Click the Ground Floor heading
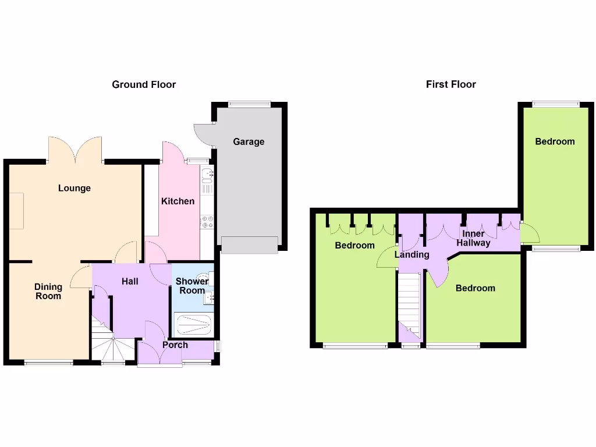[x=144, y=84]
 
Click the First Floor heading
[x=450, y=84]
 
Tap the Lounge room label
[x=74, y=188]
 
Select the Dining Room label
[x=48, y=291]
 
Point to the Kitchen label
[x=178, y=201]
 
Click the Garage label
[x=249, y=141]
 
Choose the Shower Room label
[x=192, y=286]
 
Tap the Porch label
[x=175, y=345]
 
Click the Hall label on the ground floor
[x=130, y=281]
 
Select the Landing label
[x=411, y=254]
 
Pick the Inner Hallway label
[x=473, y=239]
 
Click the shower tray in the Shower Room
[x=193, y=324]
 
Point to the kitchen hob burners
[x=207, y=222]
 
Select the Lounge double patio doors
[x=75, y=150]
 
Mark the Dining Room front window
[x=49, y=363]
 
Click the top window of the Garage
[x=249, y=104]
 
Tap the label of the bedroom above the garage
[x=555, y=141]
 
